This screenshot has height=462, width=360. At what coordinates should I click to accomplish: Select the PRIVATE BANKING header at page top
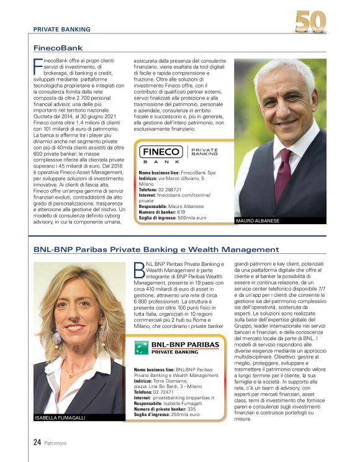(61, 29)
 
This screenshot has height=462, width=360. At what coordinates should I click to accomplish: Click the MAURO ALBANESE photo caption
(258, 221)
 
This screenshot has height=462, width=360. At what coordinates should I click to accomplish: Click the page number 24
(37, 443)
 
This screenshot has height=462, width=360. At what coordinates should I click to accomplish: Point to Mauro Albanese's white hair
(282, 70)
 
